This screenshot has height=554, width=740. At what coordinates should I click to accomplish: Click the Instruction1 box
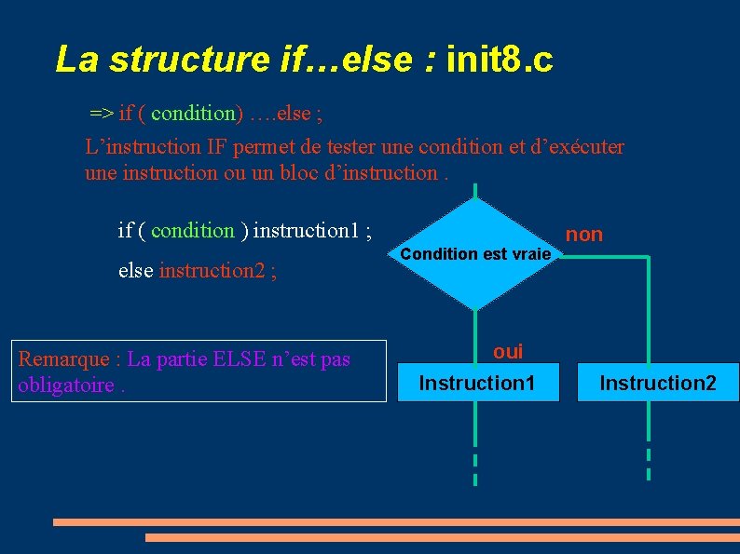(x=477, y=383)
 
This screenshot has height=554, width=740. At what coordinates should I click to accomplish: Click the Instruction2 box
(x=657, y=383)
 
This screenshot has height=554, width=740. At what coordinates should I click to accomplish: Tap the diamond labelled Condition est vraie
(x=475, y=254)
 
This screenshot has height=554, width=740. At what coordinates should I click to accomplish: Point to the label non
(x=584, y=235)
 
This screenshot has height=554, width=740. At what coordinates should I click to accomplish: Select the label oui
(x=508, y=352)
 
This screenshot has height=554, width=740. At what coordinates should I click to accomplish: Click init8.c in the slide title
(x=500, y=60)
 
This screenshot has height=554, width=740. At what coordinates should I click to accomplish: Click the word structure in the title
(x=189, y=60)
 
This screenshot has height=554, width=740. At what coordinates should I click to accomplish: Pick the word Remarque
(x=62, y=359)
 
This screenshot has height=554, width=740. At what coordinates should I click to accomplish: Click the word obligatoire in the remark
(x=65, y=385)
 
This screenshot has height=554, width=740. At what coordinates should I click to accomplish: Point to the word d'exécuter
(x=578, y=147)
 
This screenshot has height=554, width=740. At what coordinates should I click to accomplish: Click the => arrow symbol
(x=102, y=114)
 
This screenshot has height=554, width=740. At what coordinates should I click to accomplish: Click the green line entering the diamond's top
(x=475, y=191)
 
